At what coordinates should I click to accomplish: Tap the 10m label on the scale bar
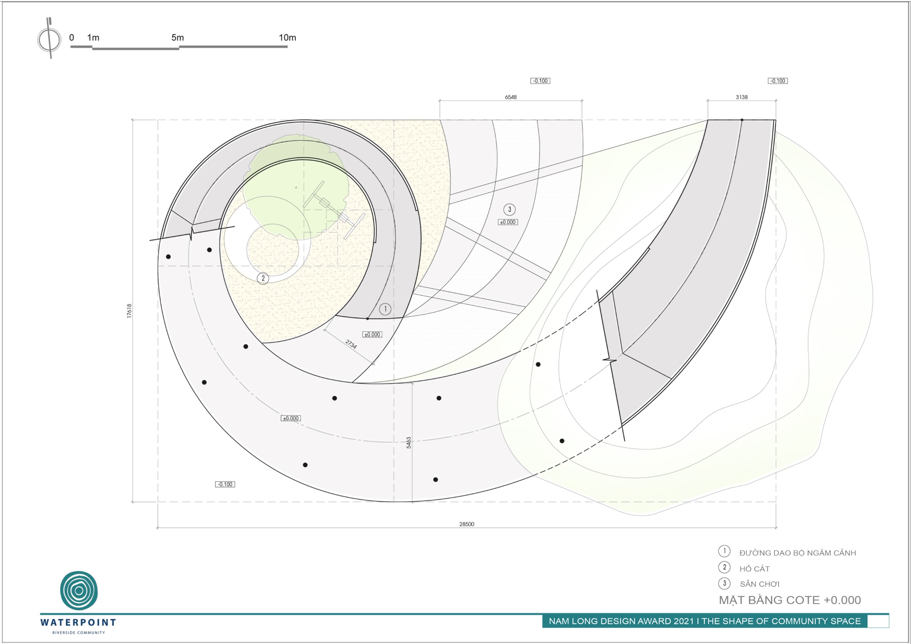tap(287, 38)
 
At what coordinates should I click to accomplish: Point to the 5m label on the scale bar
tap(177, 38)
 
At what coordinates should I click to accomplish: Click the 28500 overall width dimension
tap(466, 524)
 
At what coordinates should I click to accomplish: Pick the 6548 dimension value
tap(511, 97)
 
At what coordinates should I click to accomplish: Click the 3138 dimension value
tap(742, 97)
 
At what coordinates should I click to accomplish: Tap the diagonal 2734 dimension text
tap(351, 344)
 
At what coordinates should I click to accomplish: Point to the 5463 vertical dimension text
tap(409, 443)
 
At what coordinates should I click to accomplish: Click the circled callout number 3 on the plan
tap(509, 209)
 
